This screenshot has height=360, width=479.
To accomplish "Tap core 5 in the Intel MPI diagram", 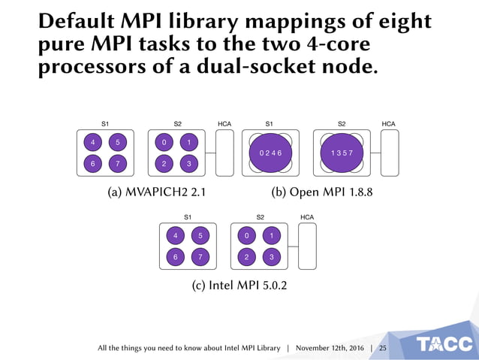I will coord(200,235).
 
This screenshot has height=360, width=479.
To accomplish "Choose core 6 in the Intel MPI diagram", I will coord(176,257).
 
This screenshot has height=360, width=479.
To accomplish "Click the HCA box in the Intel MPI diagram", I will coord(308,247).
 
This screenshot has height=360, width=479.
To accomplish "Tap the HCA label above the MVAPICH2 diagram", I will coord(224,123).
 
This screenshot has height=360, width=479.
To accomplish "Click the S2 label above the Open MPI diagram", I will coord(342,123).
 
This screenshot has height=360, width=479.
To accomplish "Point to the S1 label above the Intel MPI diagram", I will coord(188,216).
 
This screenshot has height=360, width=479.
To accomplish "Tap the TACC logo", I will coord(444,344).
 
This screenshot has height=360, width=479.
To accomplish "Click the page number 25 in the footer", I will coord(382,349).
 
